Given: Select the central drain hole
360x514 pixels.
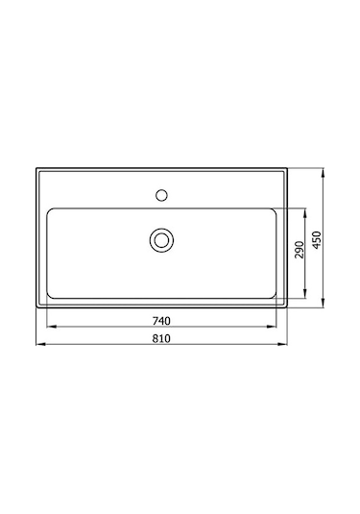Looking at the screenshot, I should [x=161, y=238].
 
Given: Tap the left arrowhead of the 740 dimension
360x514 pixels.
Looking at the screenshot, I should [x=49, y=327].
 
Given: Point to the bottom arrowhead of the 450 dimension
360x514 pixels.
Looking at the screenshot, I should [x=326, y=307].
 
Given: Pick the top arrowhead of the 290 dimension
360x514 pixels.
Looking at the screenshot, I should [x=307, y=210].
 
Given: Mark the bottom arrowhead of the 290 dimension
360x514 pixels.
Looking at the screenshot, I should [x=307, y=296].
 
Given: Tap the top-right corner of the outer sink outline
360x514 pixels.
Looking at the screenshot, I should [x=288, y=170].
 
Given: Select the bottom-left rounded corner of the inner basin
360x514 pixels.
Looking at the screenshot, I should [x=51, y=294].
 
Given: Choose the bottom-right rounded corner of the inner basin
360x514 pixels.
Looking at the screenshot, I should [x=275, y=294].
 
